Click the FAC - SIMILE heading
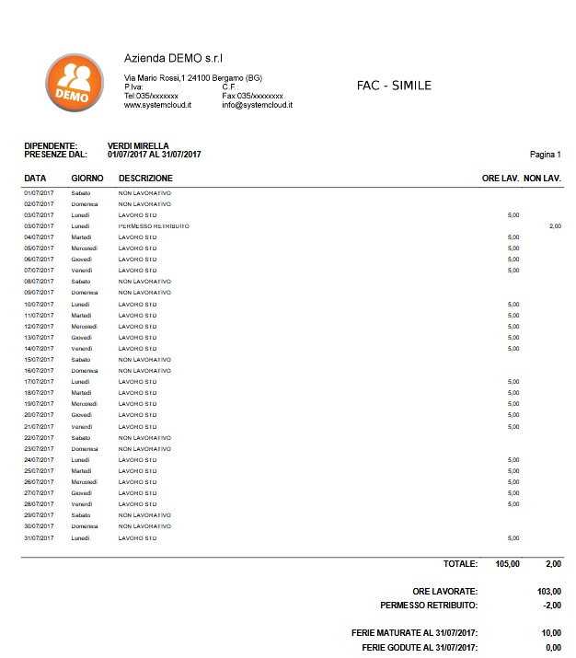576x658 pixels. pos(393,86)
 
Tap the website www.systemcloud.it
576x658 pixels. pos(157,106)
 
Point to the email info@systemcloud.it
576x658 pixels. pos(257,106)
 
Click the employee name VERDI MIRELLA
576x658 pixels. pos(138,145)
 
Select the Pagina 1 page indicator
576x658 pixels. pos(546,155)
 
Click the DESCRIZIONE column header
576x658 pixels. pos(145,178)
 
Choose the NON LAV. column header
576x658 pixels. pos(542,178)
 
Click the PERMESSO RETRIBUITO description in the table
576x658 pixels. pos(154,225)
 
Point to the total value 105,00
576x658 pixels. pos(508,562)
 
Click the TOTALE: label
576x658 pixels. pos(460,562)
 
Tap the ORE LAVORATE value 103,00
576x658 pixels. pos(549,591)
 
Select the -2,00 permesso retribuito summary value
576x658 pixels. pos(551,606)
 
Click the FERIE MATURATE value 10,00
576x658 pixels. pos(552,633)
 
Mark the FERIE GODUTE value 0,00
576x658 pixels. pos(554,648)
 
